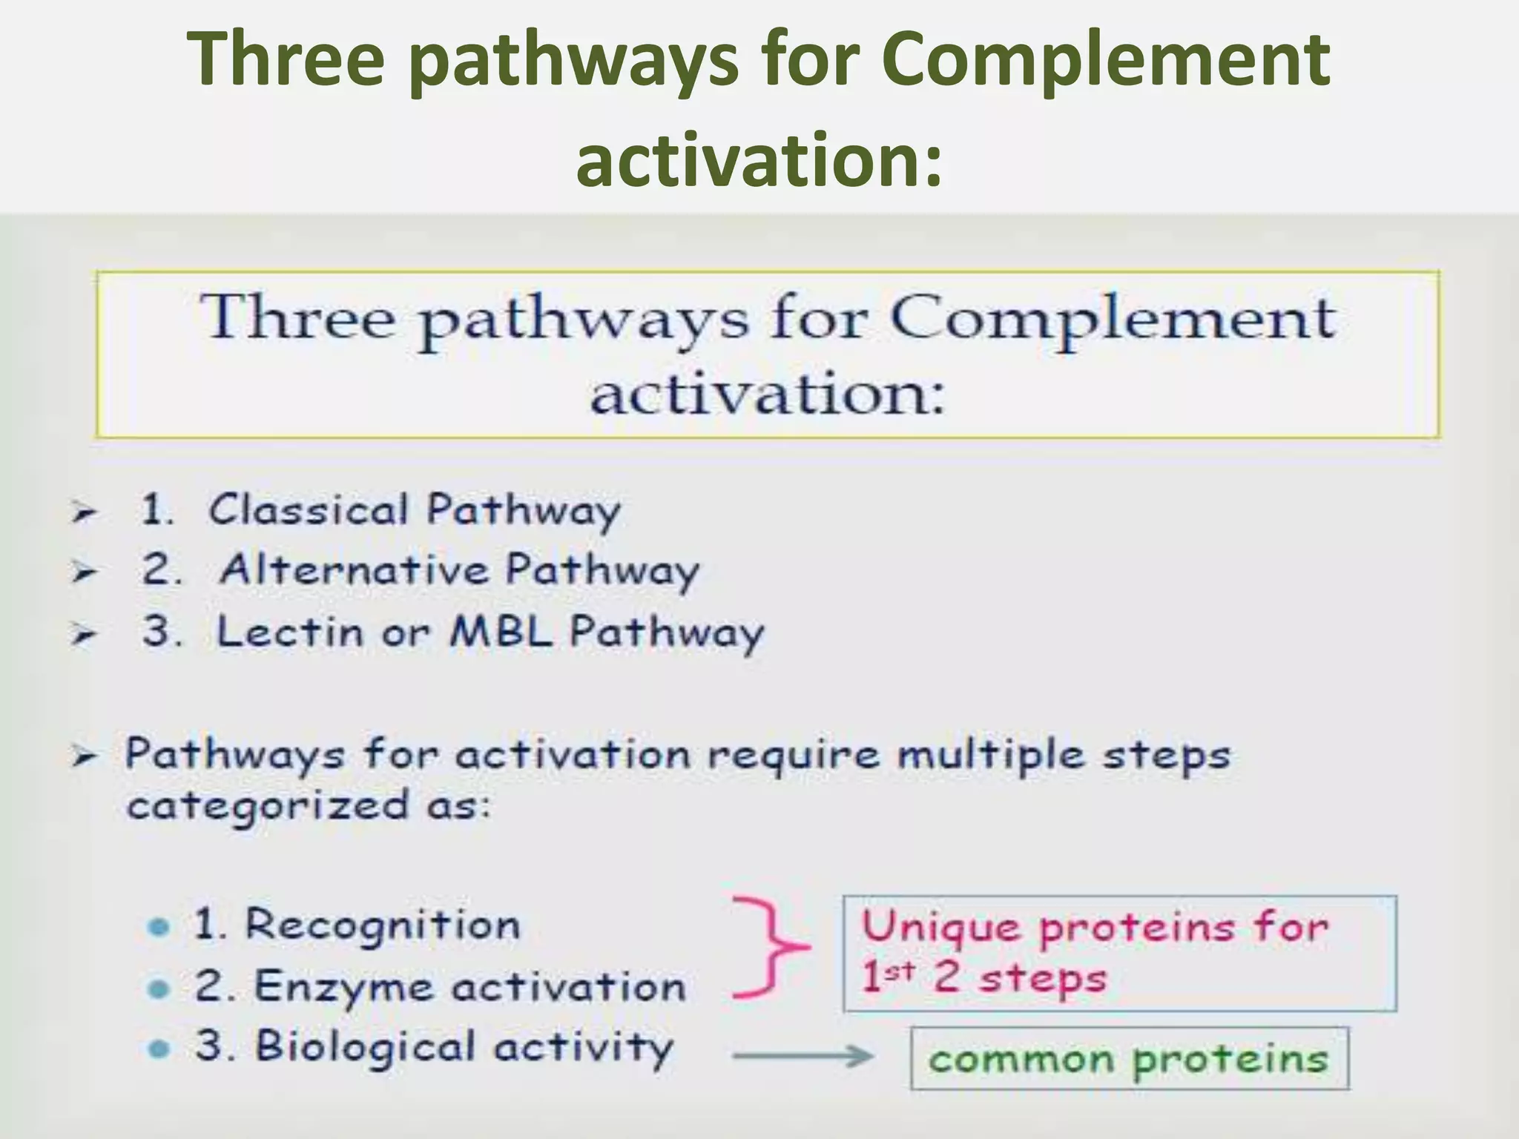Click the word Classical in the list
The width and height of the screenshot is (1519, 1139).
pos(308,510)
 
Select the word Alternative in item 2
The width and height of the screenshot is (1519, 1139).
pos(354,570)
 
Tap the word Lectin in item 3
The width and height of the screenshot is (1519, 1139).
pos(289,633)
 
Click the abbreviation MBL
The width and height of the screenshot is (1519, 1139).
pos(502,633)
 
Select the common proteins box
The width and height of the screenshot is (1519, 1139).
pos(1129,1058)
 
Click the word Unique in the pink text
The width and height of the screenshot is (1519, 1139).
pos(940,928)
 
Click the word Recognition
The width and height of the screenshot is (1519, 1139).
pos(383,925)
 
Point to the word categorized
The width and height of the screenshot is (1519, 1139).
pos(268,806)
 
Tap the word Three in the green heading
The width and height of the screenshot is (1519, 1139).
pos(286,59)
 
